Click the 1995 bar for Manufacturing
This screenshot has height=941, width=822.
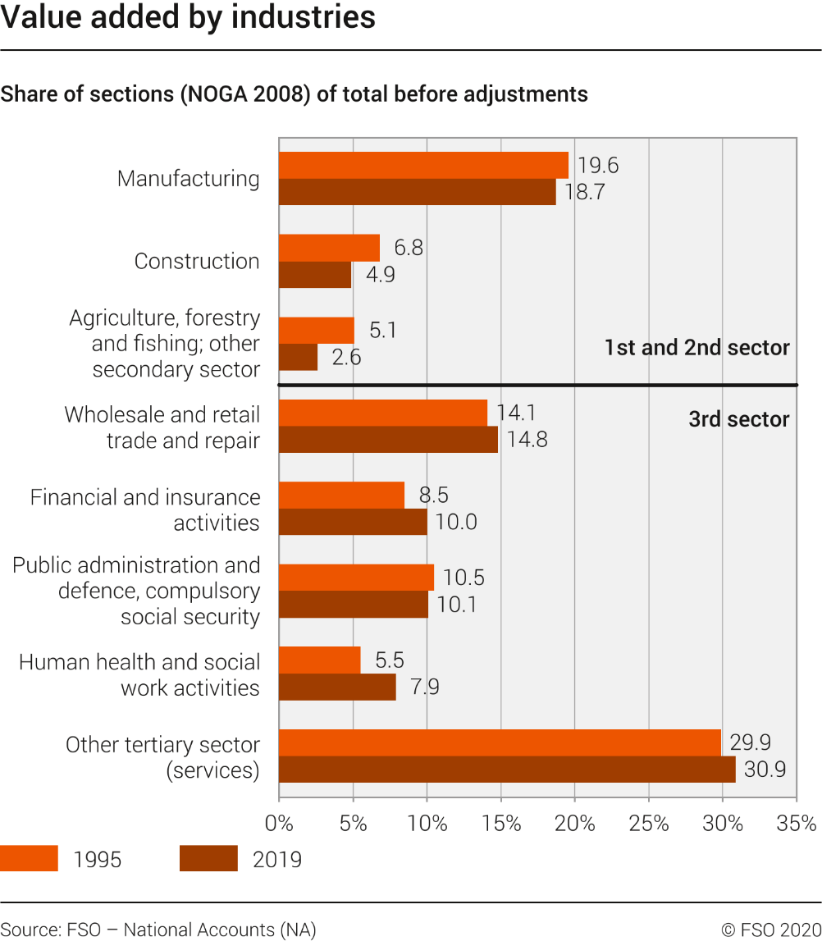coord(423,165)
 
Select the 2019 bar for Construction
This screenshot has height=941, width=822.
coord(315,274)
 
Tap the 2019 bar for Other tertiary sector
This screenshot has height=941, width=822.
coord(507,769)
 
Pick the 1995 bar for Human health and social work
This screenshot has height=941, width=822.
coord(320,660)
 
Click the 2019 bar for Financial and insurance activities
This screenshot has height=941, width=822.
coord(353,522)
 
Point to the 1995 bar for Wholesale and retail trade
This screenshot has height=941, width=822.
coord(383,413)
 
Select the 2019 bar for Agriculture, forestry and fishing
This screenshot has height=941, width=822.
coord(298,357)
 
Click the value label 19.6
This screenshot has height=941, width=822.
coord(597,165)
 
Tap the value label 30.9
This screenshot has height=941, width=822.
coord(765,769)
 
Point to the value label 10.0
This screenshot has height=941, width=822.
coord(456,522)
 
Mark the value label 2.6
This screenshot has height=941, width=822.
coord(346,357)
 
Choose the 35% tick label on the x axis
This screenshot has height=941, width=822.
coord(797,823)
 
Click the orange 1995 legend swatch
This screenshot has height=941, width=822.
coord(29,858)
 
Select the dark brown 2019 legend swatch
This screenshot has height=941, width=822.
coord(208,858)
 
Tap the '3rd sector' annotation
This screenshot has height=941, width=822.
coord(738,419)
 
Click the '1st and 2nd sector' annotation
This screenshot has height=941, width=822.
coord(696,347)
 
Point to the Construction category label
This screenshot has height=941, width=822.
coord(197,261)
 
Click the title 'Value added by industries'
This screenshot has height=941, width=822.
coord(188,16)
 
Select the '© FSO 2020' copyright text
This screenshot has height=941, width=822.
coord(771,930)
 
